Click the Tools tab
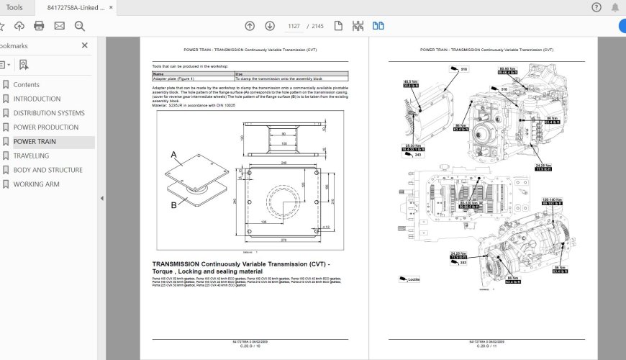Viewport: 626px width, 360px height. pyautogui.click(x=14, y=7)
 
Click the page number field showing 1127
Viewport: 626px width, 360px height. pyautogui.click(x=294, y=26)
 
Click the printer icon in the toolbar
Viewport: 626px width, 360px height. pyautogui.click(x=39, y=26)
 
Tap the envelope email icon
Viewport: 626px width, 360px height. pyautogui.click(x=59, y=26)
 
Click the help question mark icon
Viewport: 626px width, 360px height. pyautogui.click(x=596, y=7)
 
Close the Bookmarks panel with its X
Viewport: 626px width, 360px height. pyautogui.click(x=85, y=45)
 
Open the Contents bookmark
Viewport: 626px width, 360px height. pyautogui.click(x=27, y=84)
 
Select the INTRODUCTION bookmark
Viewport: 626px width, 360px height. pyautogui.click(x=37, y=99)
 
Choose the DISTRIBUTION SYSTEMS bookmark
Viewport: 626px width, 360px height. pyautogui.click(x=48, y=113)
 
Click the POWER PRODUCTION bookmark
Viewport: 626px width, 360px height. pyautogui.click(x=45, y=127)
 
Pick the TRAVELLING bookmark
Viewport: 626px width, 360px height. pyautogui.click(x=31, y=156)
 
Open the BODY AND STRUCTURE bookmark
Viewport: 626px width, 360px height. pyautogui.click(x=47, y=170)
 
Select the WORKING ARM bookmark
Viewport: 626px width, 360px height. pyautogui.click(x=36, y=184)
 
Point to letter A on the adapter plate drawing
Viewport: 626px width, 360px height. pyautogui.click(x=173, y=154)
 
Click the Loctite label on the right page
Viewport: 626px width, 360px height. pyautogui.click(x=412, y=279)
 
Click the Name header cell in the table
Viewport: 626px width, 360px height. pyautogui.click(x=158, y=73)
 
